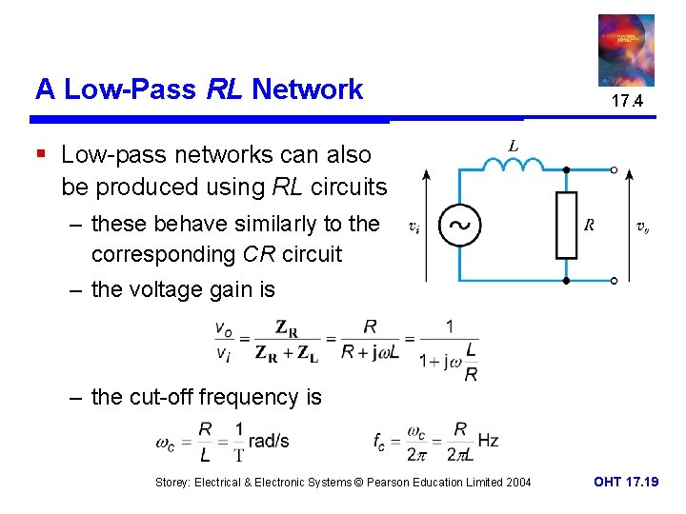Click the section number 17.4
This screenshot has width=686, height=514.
coord(627,101)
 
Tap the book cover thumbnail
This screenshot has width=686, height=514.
coord(626,49)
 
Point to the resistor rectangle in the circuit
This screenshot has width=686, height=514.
coord(566,226)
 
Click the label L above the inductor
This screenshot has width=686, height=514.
coord(514,146)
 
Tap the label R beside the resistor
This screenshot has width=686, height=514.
coord(590,226)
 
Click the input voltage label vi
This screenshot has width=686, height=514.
coord(413,227)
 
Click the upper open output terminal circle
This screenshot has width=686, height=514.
coord(615,170)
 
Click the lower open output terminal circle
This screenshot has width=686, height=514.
coord(615,282)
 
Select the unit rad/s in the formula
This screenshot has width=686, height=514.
coord(268,441)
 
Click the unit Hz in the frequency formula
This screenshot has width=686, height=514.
coord(488,441)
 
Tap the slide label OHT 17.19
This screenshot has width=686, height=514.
coord(626,483)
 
